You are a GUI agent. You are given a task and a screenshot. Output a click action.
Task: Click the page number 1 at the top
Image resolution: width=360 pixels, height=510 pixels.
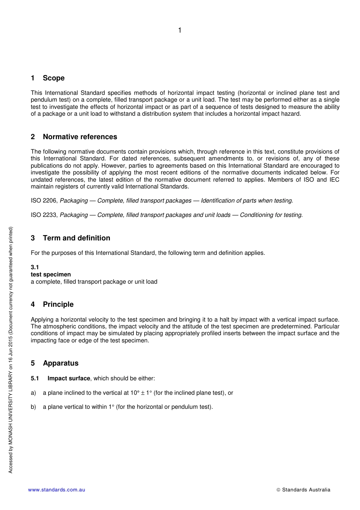pyautogui.click(x=180, y=30)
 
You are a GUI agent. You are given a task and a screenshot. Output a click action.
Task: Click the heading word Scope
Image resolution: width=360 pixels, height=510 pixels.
pyautogui.click(x=53, y=78)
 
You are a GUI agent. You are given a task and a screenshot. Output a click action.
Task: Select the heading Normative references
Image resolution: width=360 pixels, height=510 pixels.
pyautogui.click(x=80, y=137)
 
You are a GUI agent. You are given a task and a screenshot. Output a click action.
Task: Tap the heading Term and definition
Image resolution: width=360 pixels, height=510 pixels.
pyautogui.click(x=77, y=238)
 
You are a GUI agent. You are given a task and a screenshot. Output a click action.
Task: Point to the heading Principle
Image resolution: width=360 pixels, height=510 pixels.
pyautogui.click(x=58, y=304)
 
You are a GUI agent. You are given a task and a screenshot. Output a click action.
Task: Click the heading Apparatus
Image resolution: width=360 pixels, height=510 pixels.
pyautogui.click(x=61, y=363)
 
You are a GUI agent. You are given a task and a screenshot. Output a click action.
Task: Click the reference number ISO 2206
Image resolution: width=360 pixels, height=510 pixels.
pyautogui.click(x=44, y=201)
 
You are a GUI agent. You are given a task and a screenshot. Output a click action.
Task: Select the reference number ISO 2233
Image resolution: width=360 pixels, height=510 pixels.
pyautogui.click(x=44, y=215)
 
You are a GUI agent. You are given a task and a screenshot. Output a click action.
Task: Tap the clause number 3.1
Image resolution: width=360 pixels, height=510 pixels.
pyautogui.click(x=35, y=267)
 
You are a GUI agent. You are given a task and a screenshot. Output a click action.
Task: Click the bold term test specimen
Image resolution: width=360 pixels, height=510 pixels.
pyautogui.click(x=51, y=275)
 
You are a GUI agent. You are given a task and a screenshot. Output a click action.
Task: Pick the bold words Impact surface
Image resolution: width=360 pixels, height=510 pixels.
pyautogui.click(x=69, y=378)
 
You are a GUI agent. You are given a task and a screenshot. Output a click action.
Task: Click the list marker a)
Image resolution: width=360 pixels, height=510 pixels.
pyautogui.click(x=33, y=393)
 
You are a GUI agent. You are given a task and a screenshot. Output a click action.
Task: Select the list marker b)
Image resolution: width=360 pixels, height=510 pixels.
pyautogui.click(x=33, y=407)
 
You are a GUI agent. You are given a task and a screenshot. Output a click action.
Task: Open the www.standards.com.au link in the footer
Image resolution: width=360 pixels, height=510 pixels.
pyautogui.click(x=56, y=490)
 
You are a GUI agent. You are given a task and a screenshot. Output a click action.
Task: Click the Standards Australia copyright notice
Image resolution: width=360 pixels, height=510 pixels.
pyautogui.click(x=303, y=490)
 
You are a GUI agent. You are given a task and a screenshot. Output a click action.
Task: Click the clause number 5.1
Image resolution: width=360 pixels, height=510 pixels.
pyautogui.click(x=35, y=378)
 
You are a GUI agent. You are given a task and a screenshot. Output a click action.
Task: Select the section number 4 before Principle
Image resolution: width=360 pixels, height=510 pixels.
pyautogui.click(x=33, y=304)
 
